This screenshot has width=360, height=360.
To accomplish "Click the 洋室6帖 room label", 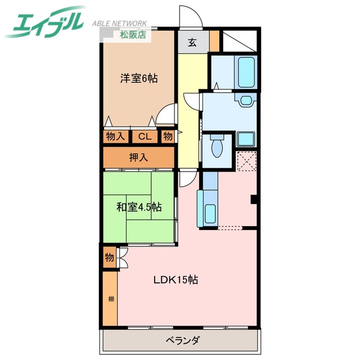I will coord(138,79).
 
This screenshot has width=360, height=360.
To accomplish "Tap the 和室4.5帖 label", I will coord(139,208).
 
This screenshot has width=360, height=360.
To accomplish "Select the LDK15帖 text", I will coord(176,279).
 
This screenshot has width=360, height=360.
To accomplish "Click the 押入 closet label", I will coord(138,157).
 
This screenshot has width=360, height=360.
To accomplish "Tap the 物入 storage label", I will coord(115,136).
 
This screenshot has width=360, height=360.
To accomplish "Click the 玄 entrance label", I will coord(192,43).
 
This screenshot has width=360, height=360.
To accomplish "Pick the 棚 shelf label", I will coord(111,299).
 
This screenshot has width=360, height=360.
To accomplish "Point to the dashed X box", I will coord(247,161).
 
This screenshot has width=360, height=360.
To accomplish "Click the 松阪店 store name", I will coord(133,34).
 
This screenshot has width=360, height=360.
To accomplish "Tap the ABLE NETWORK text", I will coord(119,24).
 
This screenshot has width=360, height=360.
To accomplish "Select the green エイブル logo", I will coord(45,21).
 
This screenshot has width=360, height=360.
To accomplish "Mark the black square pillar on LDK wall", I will coord(254,199).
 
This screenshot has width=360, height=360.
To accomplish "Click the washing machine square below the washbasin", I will coord(246,138).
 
